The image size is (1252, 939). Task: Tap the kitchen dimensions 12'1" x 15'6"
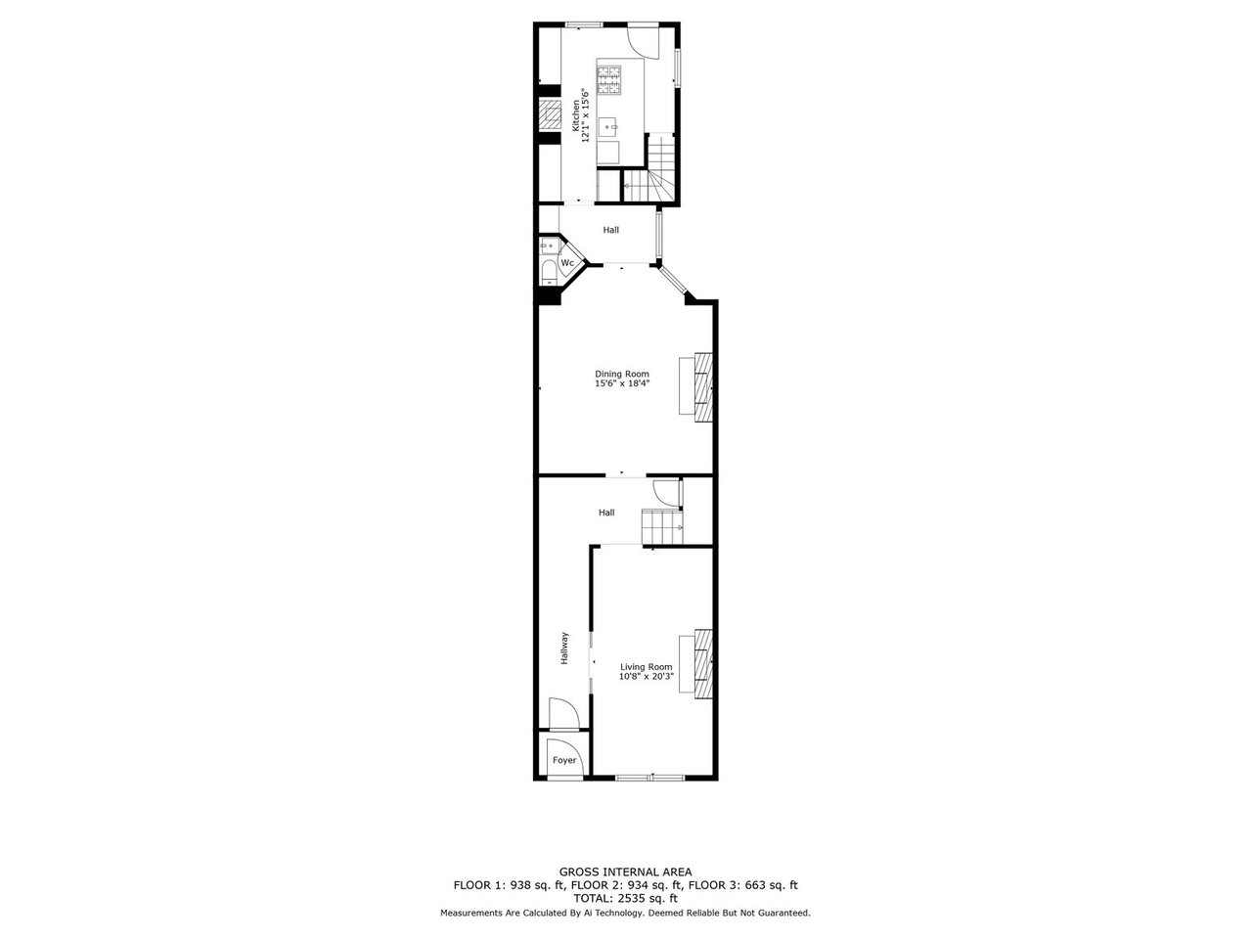(x=585, y=114)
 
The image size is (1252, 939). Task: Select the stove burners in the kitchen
(x=608, y=80)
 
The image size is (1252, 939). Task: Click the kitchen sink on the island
(x=607, y=127)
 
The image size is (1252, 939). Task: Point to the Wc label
(x=567, y=263)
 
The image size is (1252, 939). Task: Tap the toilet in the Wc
(x=549, y=273)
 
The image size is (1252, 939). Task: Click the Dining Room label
(x=622, y=374)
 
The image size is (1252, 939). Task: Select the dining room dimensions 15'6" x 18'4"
(x=622, y=383)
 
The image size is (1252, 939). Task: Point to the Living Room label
(x=647, y=666)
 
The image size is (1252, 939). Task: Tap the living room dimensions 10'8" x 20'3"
(x=647, y=677)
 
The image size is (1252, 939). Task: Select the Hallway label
(x=564, y=648)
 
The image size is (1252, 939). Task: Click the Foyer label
(x=564, y=760)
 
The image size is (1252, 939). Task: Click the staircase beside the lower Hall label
(x=661, y=527)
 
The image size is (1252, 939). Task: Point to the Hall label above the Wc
(x=611, y=230)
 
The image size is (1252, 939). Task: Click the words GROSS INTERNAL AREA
(x=625, y=872)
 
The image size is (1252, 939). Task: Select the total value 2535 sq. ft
(x=646, y=899)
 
